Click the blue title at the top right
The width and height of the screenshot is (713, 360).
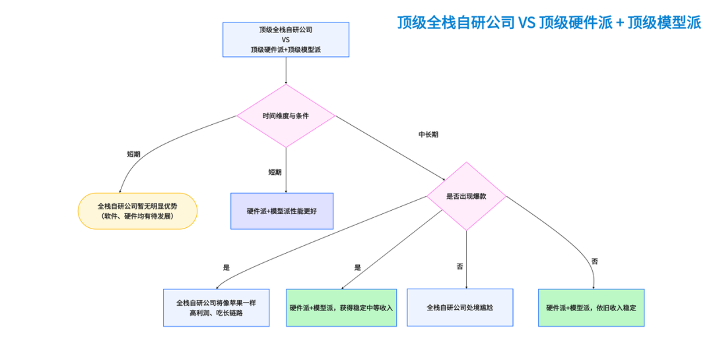point(549,22)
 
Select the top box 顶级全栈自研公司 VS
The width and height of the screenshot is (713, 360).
point(286,40)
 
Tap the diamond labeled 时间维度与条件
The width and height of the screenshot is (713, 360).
point(286,116)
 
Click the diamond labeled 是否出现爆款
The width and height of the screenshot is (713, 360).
point(466,196)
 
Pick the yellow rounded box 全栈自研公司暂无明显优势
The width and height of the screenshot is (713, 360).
point(137,211)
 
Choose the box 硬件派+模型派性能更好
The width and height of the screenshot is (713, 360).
point(282,211)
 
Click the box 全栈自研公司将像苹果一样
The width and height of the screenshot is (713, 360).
point(216,307)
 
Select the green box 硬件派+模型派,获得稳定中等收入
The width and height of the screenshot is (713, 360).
point(341,307)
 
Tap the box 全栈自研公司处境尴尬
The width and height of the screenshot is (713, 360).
point(460,307)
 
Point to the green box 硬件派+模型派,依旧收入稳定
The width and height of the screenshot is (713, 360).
point(591,307)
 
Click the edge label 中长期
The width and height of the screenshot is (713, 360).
point(428,134)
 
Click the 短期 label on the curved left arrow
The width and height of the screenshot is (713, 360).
point(134,154)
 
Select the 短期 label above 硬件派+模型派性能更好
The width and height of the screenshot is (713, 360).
point(275,172)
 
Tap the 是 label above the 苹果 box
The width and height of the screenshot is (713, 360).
point(226,268)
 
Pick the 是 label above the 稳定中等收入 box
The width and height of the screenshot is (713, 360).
point(357,268)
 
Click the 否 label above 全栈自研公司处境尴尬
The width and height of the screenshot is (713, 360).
point(460,266)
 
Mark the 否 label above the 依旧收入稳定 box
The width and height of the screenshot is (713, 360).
point(594,262)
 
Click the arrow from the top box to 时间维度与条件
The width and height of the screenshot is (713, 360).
point(286,70)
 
